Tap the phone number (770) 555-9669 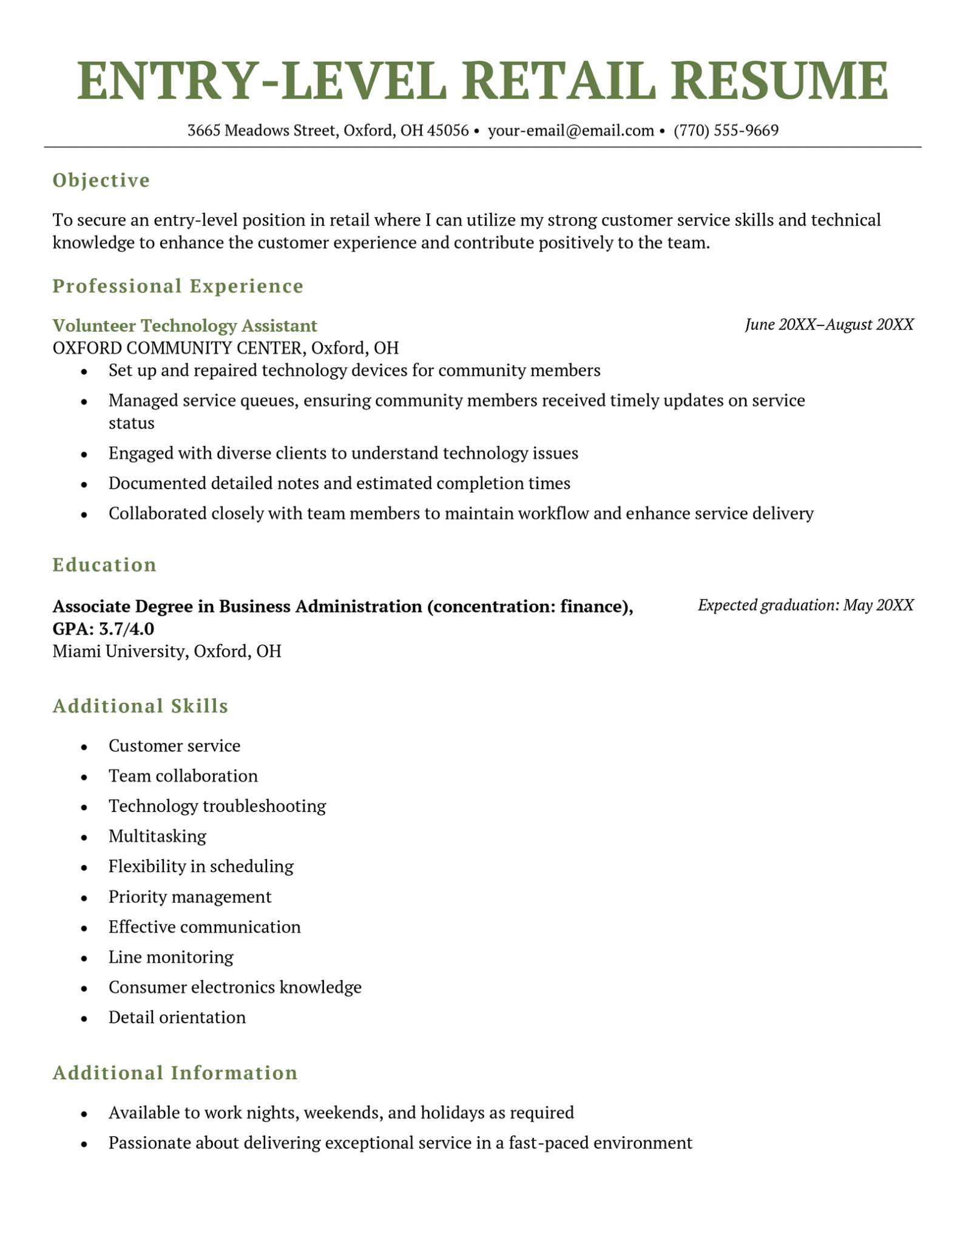pos(726,130)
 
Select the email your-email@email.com pos(570,130)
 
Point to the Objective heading pos(101,180)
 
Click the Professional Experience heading pos(178,286)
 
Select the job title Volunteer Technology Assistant pos(184,326)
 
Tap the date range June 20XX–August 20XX pos(828,325)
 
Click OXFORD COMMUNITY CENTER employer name pos(179,348)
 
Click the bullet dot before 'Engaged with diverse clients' pos(84,454)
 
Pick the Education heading pos(104,565)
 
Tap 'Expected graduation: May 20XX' pos(805,605)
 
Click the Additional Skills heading pos(140,706)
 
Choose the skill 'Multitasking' pos(157,836)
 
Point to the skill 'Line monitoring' pos(171,957)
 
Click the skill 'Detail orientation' pos(177,1017)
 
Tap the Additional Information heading pos(175,1073)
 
